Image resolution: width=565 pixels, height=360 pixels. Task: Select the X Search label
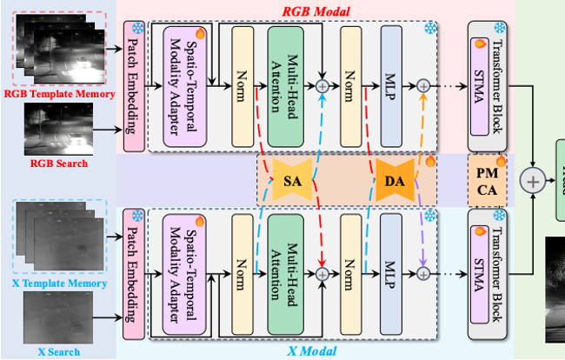click(59, 351)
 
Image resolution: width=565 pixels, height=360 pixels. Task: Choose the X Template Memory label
click(60, 283)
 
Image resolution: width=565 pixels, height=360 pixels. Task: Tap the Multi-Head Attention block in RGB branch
click(289, 84)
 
